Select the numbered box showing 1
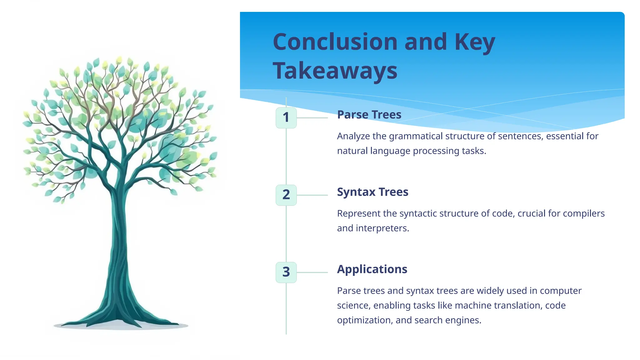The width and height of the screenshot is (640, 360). tap(286, 117)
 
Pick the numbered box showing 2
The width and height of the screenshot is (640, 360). tap(286, 195)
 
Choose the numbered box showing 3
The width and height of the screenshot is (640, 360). tap(286, 272)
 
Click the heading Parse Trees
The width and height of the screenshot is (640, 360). tap(369, 115)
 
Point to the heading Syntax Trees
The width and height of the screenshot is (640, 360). tap(372, 192)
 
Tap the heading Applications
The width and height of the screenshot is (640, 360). tap(372, 269)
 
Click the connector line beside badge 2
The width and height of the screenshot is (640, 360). tap(312, 195)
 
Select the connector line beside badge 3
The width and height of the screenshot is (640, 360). tap(312, 272)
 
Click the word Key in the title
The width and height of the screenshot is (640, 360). tap(475, 42)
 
